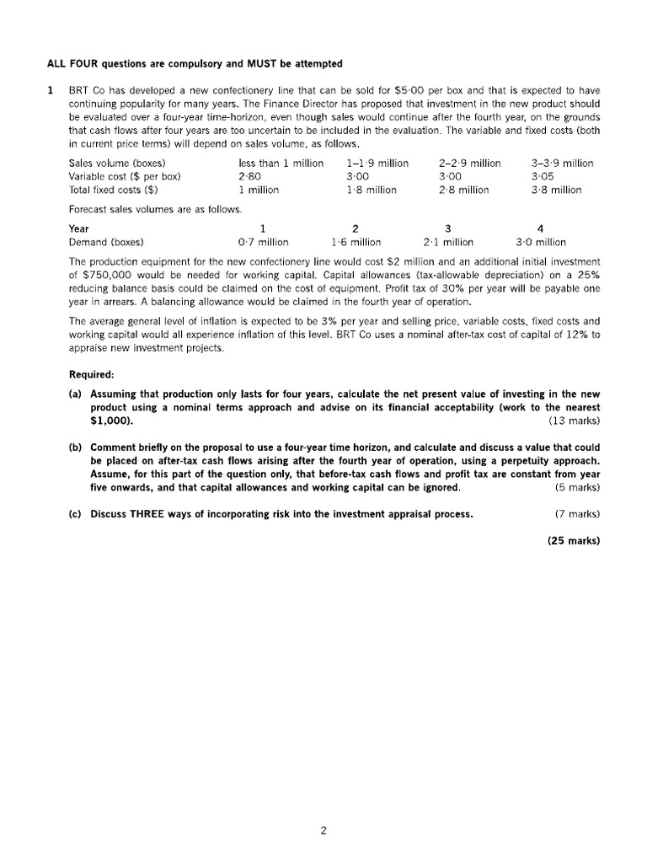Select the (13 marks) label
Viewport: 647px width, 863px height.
tap(574, 420)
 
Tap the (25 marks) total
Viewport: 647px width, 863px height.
tap(573, 541)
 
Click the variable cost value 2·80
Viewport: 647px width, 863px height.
tap(250, 176)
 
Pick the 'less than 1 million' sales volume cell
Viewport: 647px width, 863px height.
tap(281, 163)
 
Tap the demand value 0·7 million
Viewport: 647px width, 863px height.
tap(263, 242)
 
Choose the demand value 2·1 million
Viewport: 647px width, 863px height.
tap(448, 242)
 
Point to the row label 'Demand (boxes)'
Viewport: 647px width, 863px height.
tap(105, 242)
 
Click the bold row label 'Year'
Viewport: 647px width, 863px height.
tap(78, 228)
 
